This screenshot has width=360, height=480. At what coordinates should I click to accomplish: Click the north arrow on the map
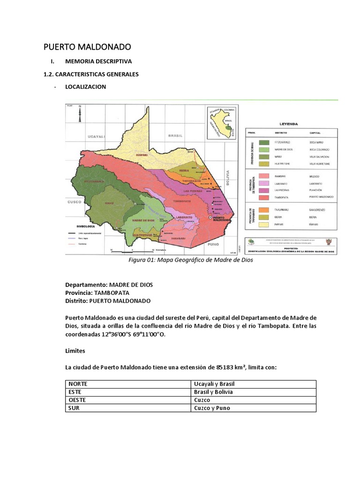pos(80,114)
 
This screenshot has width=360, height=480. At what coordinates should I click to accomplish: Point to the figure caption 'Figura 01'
pos(191,260)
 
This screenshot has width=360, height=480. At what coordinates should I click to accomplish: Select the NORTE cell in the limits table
pos(77,384)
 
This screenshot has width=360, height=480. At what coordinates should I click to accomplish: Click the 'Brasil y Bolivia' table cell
pos(213,392)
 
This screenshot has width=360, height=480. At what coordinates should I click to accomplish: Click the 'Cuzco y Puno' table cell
pos(211,408)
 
